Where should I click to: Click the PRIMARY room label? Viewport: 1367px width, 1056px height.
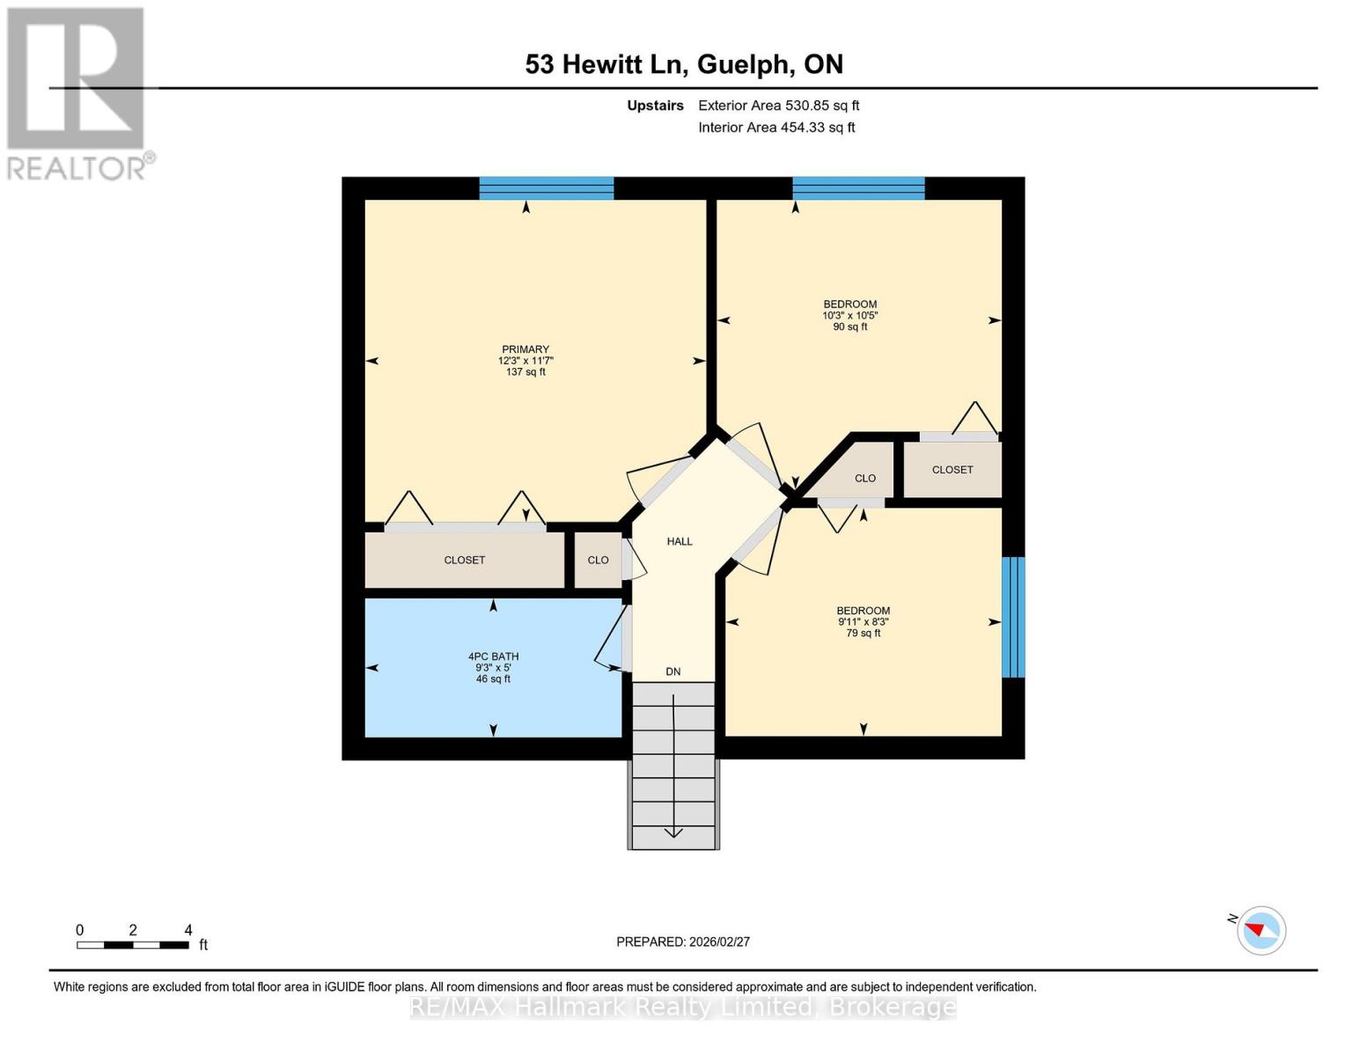pos(525,349)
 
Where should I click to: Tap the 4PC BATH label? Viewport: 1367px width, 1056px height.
pos(493,656)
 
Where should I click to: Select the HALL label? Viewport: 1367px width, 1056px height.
pos(680,541)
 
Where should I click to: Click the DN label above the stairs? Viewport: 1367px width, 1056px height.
pos(673,671)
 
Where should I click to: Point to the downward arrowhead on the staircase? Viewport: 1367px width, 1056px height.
pos(673,832)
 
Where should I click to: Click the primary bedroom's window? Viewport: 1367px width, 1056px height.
pos(546,188)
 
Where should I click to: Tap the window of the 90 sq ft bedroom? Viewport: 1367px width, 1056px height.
pos(858,188)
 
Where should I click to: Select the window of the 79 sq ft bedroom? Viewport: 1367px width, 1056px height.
pos(1013,617)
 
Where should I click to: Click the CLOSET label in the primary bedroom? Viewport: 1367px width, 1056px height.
pos(464,561)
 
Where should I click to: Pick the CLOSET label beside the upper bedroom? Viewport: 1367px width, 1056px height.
pos(952,470)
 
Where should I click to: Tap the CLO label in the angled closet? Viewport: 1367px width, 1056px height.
pos(865,479)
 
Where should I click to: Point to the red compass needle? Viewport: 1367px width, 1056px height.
pos(1254,929)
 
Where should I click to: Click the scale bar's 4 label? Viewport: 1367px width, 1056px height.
pos(188,929)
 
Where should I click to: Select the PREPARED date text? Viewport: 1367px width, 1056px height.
pos(683,942)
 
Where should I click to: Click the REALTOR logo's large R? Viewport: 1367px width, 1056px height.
pos(76,78)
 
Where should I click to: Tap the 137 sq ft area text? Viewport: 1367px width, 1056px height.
pos(525,371)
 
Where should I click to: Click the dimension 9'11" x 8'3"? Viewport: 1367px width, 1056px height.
pos(864,621)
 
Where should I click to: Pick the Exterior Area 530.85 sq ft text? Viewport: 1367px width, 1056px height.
pos(779,106)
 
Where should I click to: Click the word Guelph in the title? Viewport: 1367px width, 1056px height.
pos(744,65)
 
